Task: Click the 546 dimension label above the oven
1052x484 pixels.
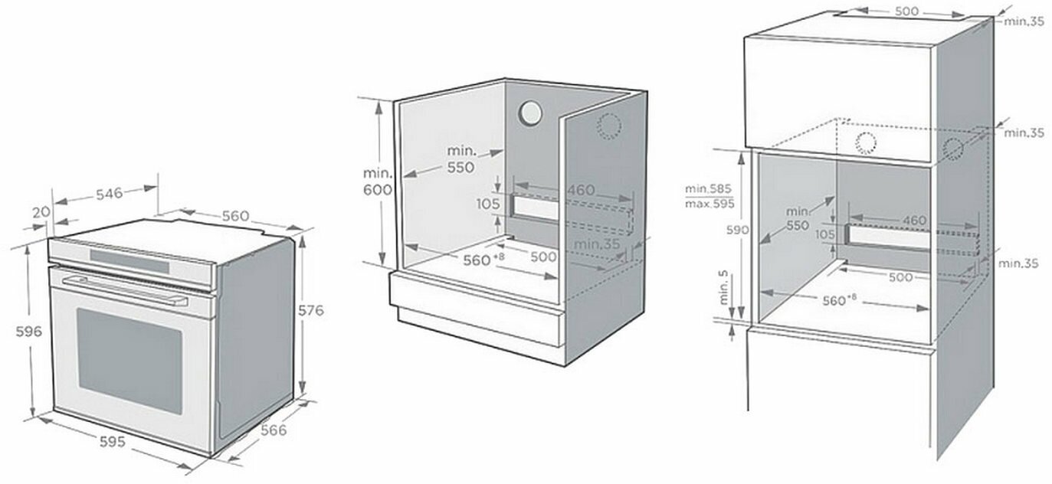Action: [109, 194]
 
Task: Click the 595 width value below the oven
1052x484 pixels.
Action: [113, 443]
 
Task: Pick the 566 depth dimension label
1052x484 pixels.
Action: [274, 430]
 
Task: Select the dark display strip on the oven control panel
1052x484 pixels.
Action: [129, 260]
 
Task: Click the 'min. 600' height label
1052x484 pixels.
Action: [377, 181]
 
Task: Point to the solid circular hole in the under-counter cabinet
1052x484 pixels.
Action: [529, 113]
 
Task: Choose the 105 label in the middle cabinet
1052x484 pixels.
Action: [487, 204]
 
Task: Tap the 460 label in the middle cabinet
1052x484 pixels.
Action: [581, 188]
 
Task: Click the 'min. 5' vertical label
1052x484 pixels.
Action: [724, 288]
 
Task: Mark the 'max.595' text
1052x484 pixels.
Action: [710, 204]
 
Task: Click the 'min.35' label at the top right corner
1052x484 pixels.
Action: [1024, 21]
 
